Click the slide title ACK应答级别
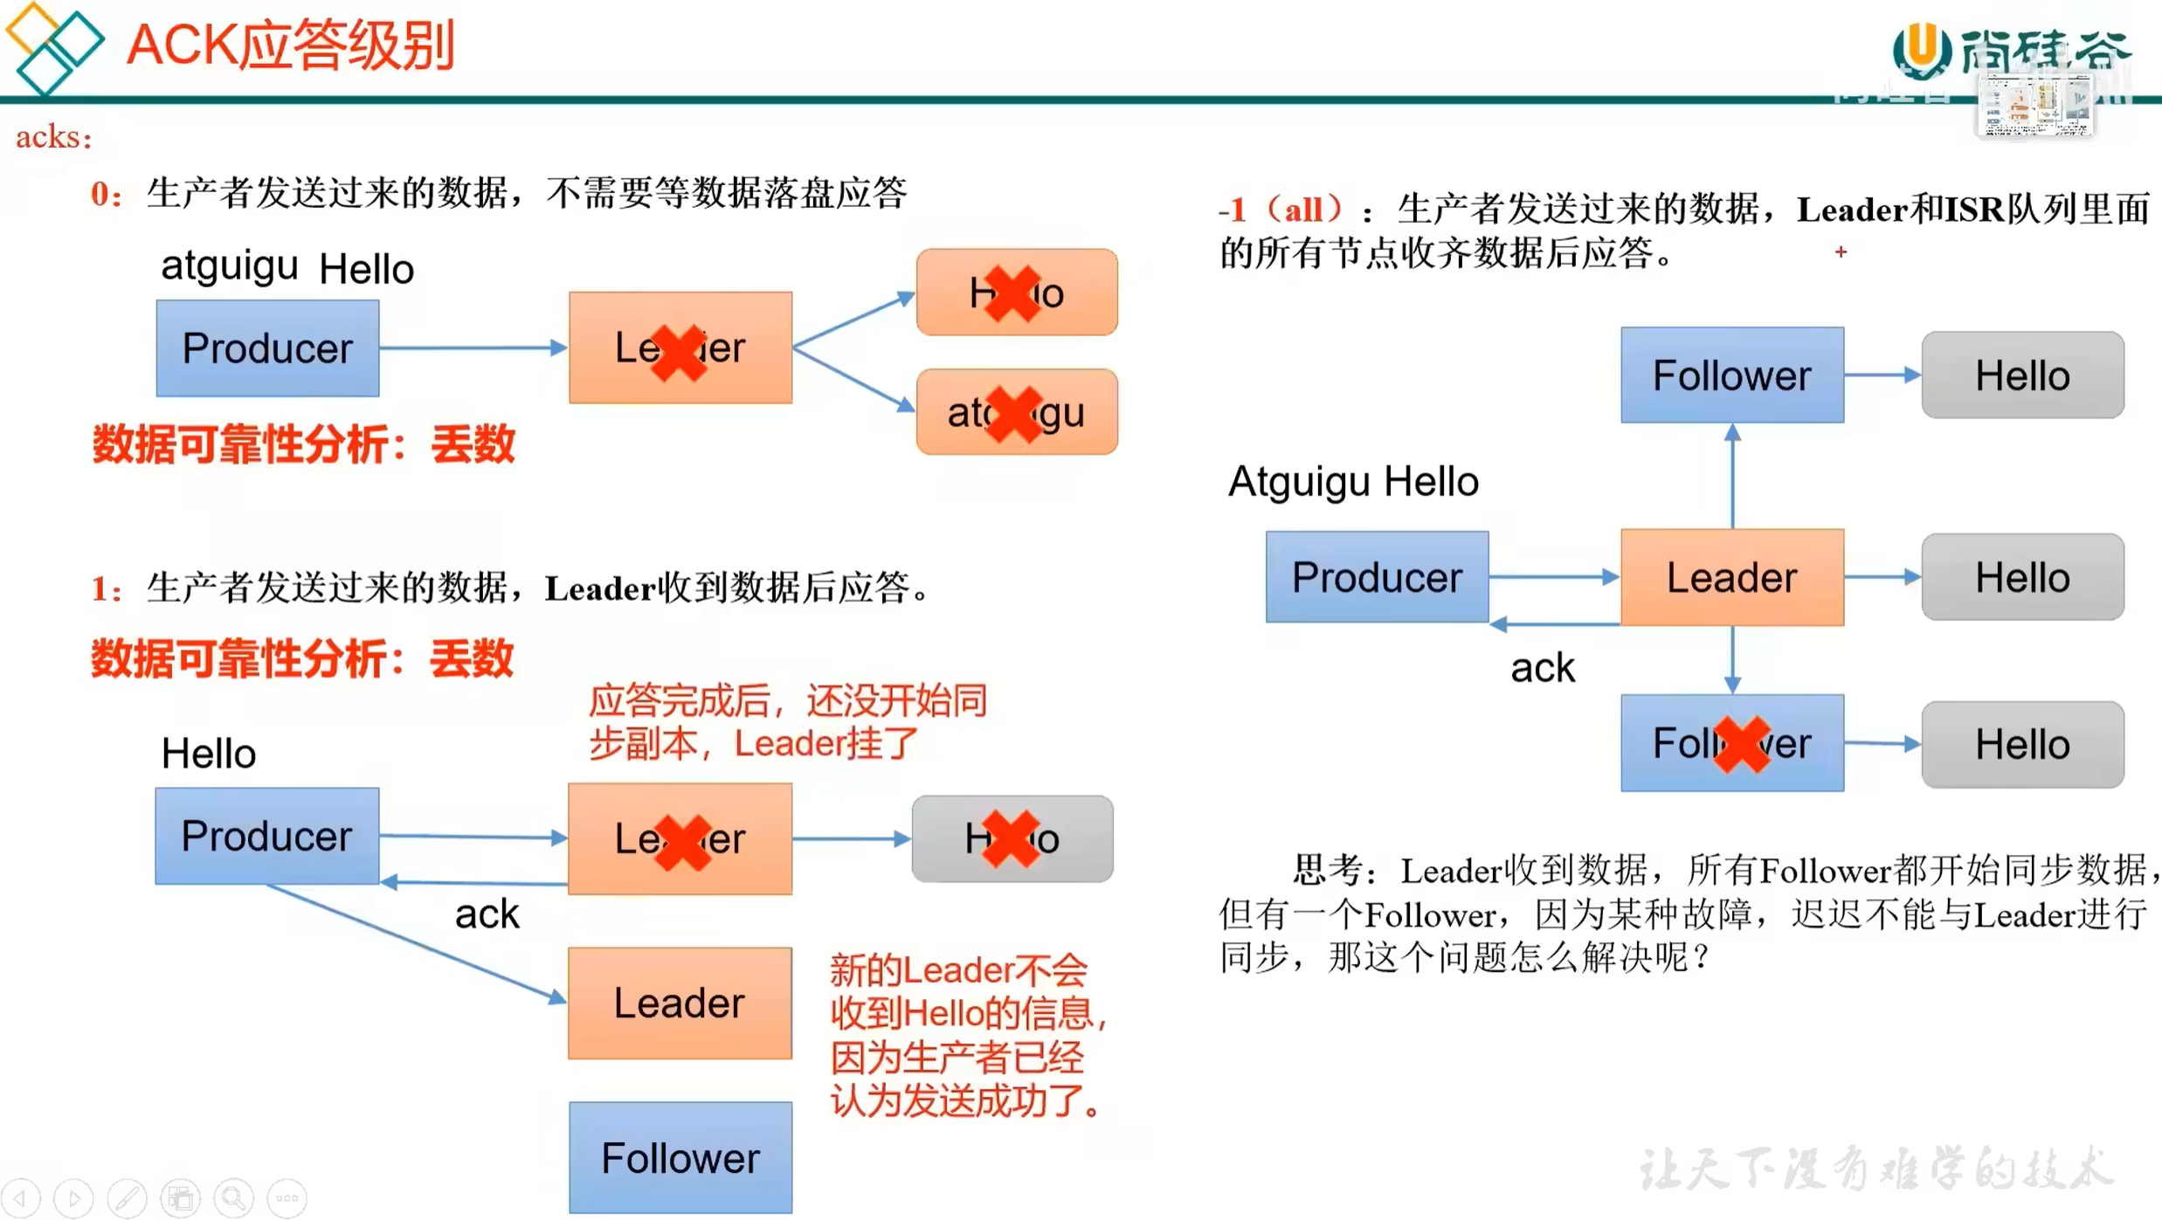(290, 45)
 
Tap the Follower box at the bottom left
(680, 1157)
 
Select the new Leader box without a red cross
(680, 1003)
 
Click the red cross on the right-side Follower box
(1741, 744)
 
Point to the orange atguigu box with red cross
(1016, 412)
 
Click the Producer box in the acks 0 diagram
(267, 348)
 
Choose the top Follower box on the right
(1731, 376)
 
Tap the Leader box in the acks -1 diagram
(1731, 577)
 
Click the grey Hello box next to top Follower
(2022, 376)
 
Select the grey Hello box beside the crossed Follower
(2022, 745)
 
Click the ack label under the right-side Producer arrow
(1543, 668)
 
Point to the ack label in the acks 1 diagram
(487, 914)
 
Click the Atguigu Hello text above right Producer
(1353, 481)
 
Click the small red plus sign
(1841, 252)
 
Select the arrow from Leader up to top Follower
(1732, 476)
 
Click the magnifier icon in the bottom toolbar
(233, 1197)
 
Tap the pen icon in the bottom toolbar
(128, 1197)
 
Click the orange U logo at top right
(1921, 48)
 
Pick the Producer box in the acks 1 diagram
(267, 836)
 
